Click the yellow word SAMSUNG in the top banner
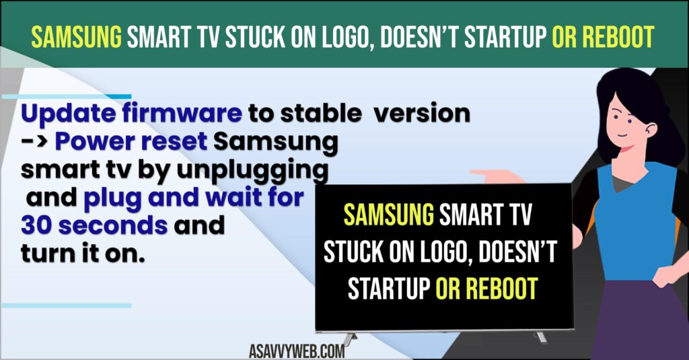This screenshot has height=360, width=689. click(x=77, y=37)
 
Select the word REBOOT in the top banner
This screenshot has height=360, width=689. click(x=618, y=37)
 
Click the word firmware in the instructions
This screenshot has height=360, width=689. click(x=182, y=113)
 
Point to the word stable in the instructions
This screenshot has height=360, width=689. click(x=321, y=114)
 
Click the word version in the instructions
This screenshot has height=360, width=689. click(x=422, y=114)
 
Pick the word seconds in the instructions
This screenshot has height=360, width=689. click(x=113, y=225)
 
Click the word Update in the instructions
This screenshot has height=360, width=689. click(x=68, y=114)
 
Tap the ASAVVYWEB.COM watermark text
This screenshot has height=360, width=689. click(x=297, y=351)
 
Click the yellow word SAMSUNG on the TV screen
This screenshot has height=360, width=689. click(x=389, y=215)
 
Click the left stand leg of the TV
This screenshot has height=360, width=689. click(x=350, y=338)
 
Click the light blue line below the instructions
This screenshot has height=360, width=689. click(x=67, y=305)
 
